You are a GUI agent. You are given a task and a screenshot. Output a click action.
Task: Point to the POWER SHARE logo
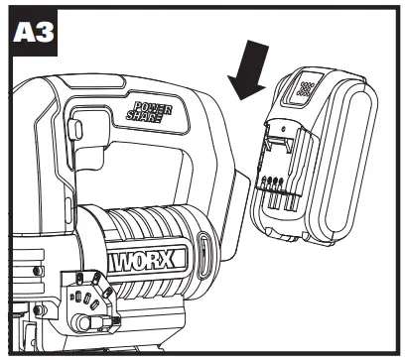(149, 109)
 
